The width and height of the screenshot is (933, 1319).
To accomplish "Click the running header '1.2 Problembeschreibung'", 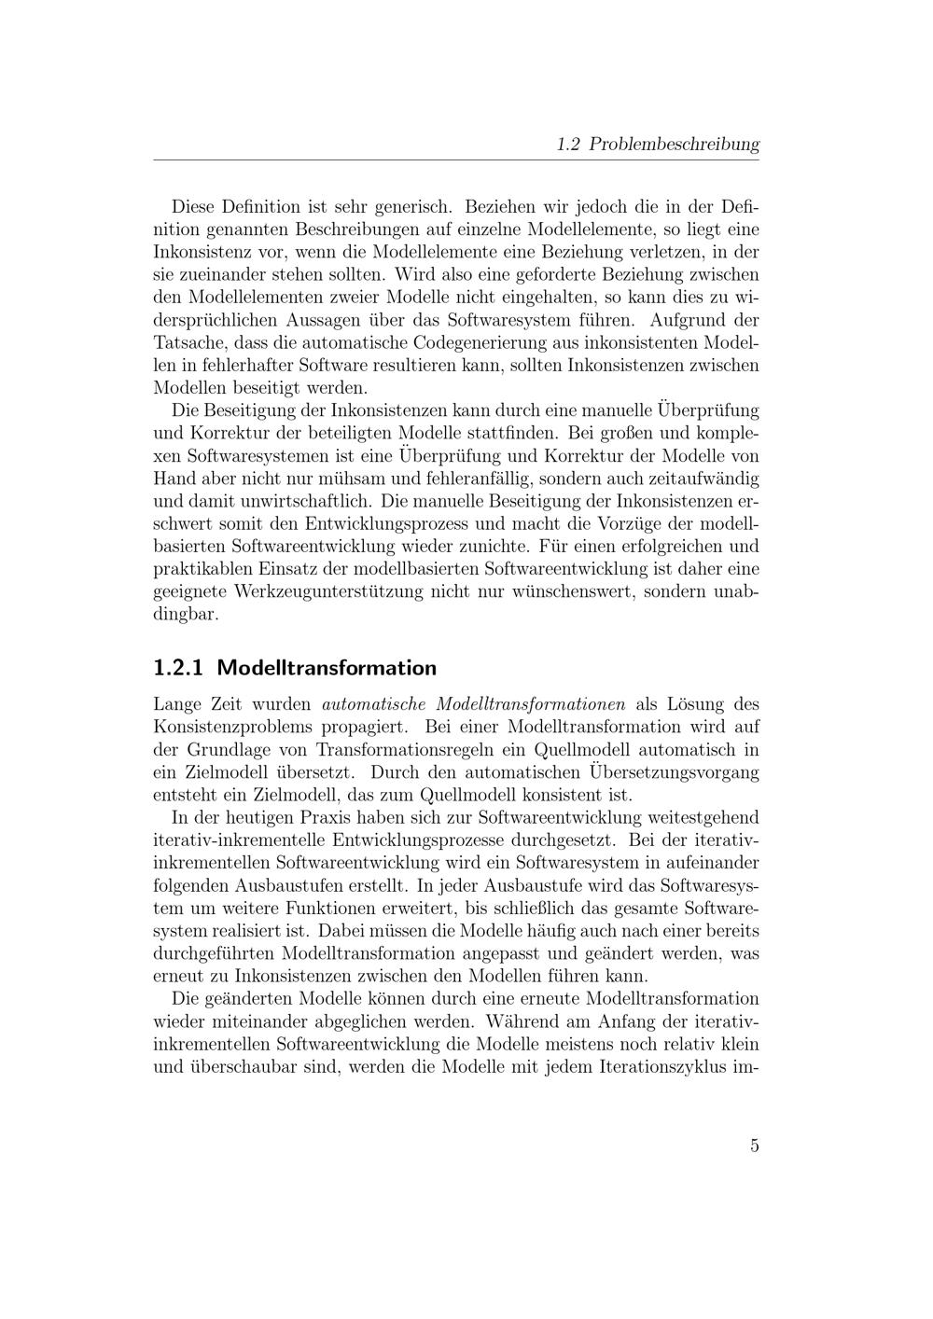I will click(x=657, y=145).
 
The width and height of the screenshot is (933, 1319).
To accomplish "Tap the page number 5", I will click(x=754, y=1145).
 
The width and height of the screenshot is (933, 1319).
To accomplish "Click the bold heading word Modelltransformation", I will click(x=327, y=668).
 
